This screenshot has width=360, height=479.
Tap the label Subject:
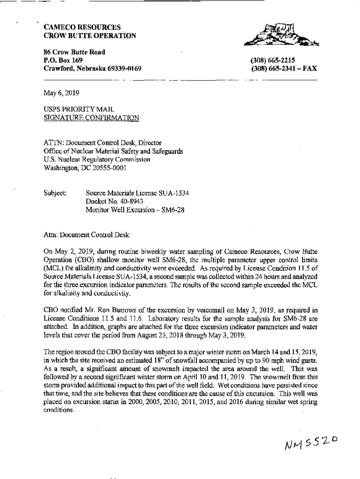(x=56, y=193)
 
